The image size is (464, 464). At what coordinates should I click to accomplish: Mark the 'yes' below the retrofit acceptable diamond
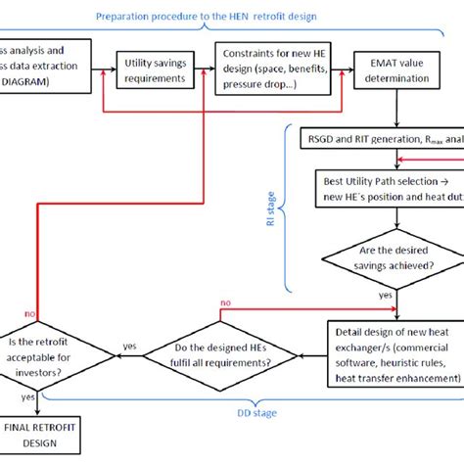35,397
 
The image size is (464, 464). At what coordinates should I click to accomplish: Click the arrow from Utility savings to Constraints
204,70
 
